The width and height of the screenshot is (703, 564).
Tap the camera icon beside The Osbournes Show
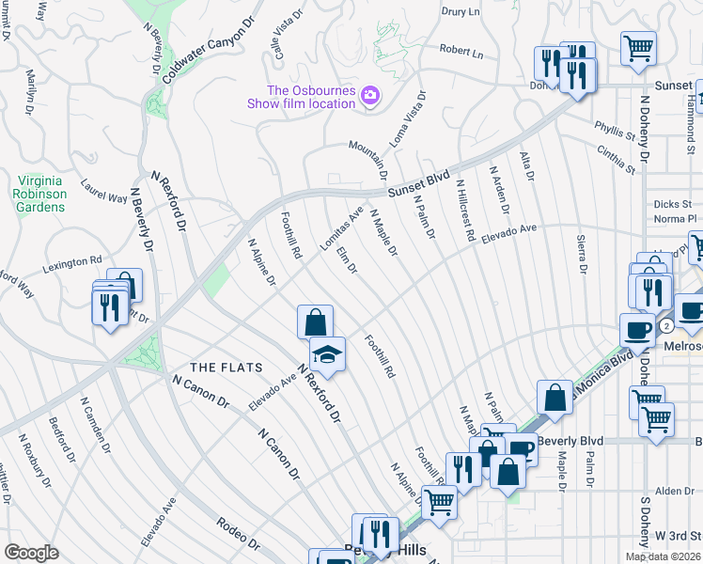pyautogui.click(x=370, y=95)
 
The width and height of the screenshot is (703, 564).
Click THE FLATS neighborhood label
pyautogui.click(x=225, y=367)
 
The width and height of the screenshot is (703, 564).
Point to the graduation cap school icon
pyautogui.click(x=327, y=355)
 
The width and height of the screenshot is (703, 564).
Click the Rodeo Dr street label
pyautogui.click(x=238, y=531)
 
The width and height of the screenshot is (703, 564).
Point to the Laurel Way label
pyautogui.click(x=103, y=192)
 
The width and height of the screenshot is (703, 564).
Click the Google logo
pyautogui.click(x=31, y=553)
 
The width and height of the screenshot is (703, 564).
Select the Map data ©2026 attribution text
pyautogui.click(x=664, y=556)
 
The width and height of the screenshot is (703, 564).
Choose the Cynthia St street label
pyautogui.click(x=615, y=158)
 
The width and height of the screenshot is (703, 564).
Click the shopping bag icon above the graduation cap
pyautogui.click(x=316, y=321)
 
